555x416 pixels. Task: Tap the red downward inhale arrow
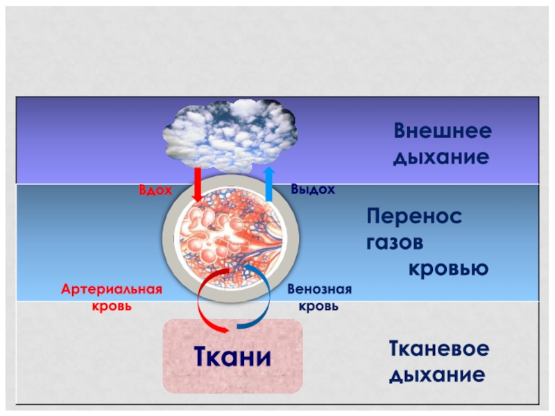point(197,183)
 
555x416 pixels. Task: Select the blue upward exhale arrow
point(268,183)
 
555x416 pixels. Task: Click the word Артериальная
point(112,289)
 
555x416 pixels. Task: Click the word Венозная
point(320,289)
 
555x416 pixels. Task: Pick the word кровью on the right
point(447,268)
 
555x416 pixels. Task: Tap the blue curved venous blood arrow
point(258,305)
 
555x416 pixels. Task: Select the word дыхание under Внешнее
point(441,157)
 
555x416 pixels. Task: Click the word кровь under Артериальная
point(112,305)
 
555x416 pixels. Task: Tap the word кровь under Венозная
point(320,305)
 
